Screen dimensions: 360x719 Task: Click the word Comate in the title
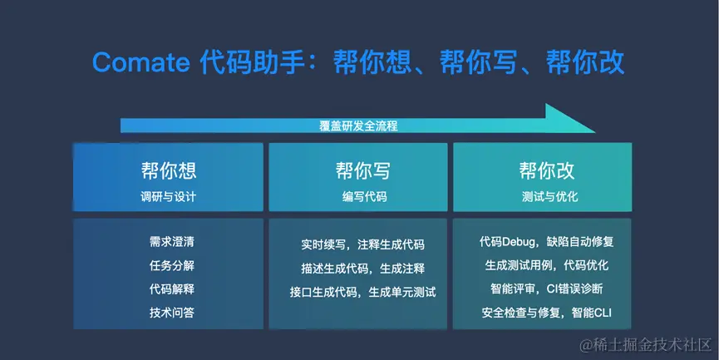[x=142, y=62]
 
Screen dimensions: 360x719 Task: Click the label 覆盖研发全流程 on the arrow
[x=358, y=126]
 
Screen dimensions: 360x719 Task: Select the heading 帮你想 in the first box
[x=168, y=172]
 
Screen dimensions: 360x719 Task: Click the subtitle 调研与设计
[x=168, y=197]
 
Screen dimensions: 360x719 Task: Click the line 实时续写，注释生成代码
[x=362, y=245]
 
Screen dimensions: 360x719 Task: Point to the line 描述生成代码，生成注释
[x=362, y=269]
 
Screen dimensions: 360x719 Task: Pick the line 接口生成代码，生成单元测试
[x=362, y=292]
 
